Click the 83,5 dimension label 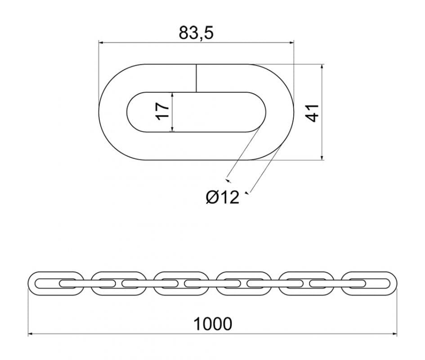coord(196,33)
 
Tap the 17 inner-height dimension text coord(162,111)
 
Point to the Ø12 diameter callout coord(223,197)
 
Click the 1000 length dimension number coord(213,324)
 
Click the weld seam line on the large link coord(196,78)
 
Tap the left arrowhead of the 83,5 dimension coord(101,43)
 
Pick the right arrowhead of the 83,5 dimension coord(291,43)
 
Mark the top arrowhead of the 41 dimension coord(322,67)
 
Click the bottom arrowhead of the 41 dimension coord(322,157)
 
